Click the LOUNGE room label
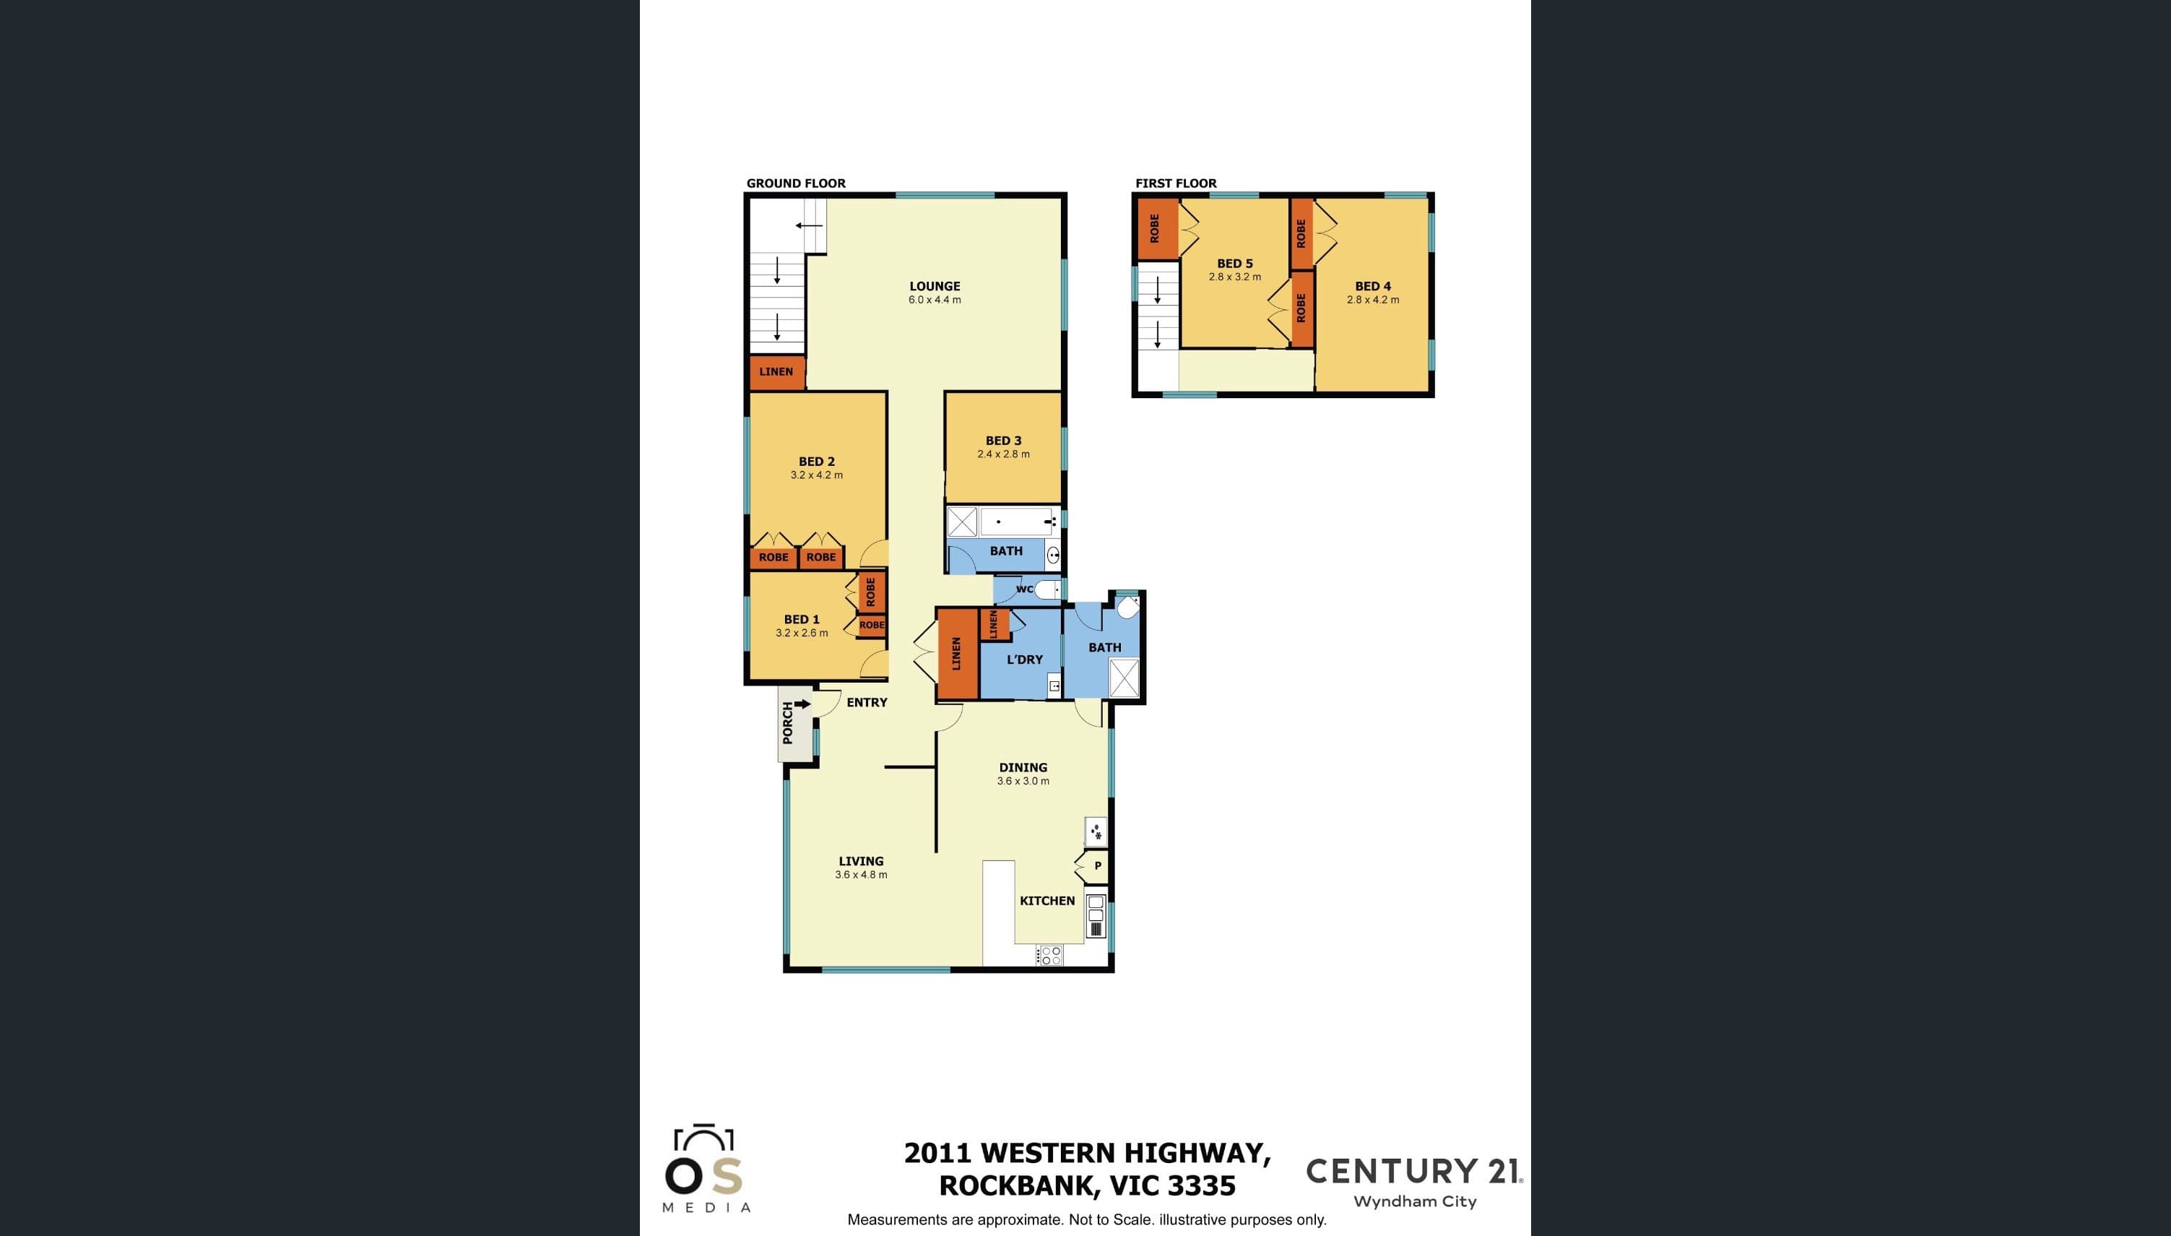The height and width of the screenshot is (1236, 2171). [x=935, y=286]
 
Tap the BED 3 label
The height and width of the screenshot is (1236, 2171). [x=1003, y=441]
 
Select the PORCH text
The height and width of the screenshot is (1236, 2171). [x=788, y=722]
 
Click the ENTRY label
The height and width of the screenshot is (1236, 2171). [x=867, y=702]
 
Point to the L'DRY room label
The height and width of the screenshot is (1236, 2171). [x=1024, y=660]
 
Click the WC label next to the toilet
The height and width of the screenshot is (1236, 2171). [x=1024, y=589]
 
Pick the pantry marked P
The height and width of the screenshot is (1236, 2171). [x=1092, y=866]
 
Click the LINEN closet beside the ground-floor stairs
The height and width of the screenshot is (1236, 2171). [x=776, y=372]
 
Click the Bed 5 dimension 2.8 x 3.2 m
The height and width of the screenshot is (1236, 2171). [x=1235, y=277]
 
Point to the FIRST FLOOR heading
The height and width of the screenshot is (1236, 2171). [x=1176, y=183]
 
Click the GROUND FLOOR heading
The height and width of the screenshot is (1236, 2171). [x=796, y=183]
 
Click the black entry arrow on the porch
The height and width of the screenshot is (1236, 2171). [x=802, y=704]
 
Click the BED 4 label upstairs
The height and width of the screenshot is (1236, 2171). [x=1372, y=286]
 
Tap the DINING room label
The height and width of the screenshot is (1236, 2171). [x=1023, y=767]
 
